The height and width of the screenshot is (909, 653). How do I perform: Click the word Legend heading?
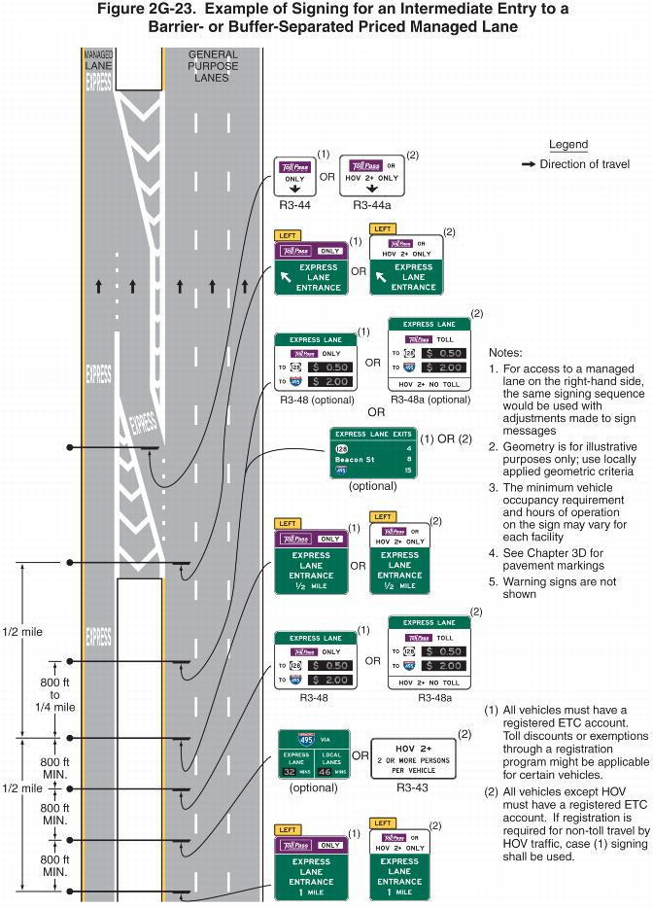click(x=567, y=145)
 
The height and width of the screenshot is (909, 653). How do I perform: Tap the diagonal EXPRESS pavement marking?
click(x=143, y=426)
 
